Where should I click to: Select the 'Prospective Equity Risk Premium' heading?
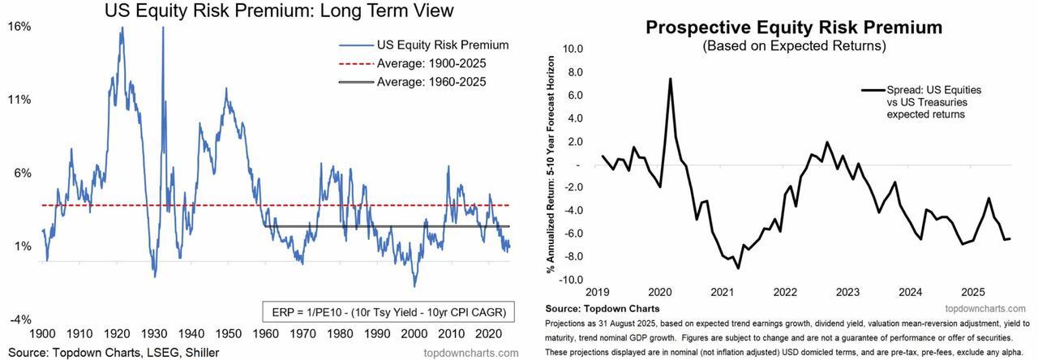pos(793,28)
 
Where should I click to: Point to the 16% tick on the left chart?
pos(19,26)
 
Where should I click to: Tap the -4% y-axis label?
pos(19,319)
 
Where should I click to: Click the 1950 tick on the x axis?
pos(228,332)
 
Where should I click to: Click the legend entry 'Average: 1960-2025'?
pos(434,82)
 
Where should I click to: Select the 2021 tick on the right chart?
pos(722,292)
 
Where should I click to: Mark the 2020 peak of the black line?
pos(671,79)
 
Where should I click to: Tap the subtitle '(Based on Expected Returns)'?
pos(793,46)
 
